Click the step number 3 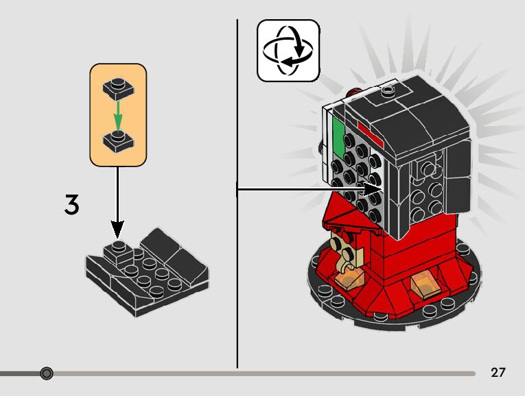pos(71,205)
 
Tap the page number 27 pos(498,373)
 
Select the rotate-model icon pos(288,50)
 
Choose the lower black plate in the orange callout pos(118,141)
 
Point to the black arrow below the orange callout pos(118,199)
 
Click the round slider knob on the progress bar pos(46,373)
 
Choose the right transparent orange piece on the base pos(424,282)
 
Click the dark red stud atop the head pos(355,90)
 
